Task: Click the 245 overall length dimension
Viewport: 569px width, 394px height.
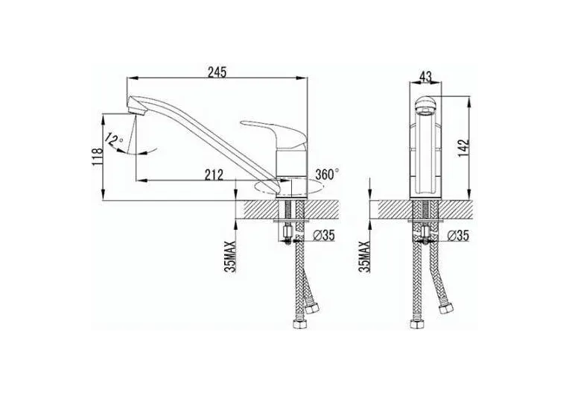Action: [x=217, y=72]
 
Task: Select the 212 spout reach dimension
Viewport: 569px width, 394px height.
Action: [x=214, y=175]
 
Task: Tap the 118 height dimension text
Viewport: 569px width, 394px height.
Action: [x=98, y=157]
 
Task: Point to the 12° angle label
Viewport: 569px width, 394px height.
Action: [x=113, y=139]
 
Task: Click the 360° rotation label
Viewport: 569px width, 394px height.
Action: [x=327, y=174]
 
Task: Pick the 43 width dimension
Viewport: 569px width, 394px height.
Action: [x=425, y=77]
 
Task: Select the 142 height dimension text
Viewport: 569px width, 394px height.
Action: [x=463, y=148]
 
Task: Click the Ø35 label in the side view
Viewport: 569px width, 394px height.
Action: [x=323, y=236]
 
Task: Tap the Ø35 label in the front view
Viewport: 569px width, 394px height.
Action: [x=458, y=236]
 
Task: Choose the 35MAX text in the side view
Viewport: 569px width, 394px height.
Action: [x=231, y=257]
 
